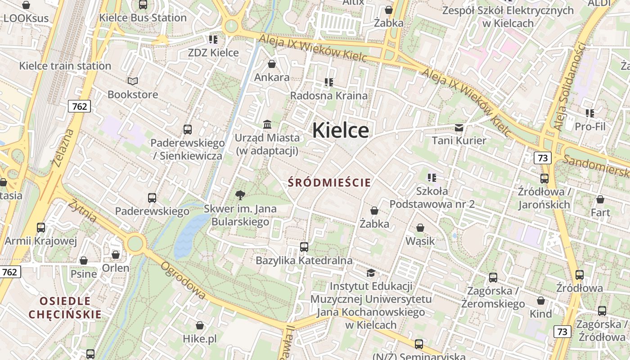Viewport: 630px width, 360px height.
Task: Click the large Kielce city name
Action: point(341,130)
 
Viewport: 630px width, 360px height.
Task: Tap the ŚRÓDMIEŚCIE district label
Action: point(329,182)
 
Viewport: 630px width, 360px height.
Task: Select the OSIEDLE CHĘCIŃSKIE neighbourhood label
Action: point(65,307)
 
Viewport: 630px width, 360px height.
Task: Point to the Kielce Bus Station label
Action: point(143,18)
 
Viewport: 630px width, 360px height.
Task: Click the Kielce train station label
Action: point(65,66)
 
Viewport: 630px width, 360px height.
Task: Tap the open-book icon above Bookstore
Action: point(133,81)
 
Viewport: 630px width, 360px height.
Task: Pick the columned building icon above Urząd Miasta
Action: point(267,124)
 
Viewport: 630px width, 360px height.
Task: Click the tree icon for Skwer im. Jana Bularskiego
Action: point(240,195)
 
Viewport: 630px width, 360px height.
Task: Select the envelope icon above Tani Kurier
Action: point(459,127)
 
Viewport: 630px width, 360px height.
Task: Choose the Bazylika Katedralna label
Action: point(304,261)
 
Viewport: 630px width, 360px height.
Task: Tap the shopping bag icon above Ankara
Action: point(272,64)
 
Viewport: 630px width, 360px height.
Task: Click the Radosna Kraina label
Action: point(328,95)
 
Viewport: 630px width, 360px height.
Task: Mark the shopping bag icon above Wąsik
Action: point(420,228)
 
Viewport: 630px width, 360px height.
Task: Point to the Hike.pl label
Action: point(200,338)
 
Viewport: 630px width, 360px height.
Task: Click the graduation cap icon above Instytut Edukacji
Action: point(371,273)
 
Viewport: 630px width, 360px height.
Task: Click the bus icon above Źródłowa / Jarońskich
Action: point(544,178)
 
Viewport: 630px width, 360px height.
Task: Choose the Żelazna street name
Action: point(63,148)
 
